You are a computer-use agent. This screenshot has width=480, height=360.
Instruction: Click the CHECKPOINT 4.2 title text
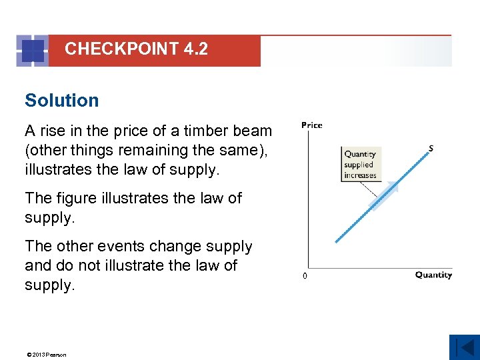136,49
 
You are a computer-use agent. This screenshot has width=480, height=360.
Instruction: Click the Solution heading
61,101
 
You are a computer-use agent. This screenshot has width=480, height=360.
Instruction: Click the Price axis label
311,125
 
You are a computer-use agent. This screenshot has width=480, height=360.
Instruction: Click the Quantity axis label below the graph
433,275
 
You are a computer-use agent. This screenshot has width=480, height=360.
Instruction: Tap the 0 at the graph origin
305,276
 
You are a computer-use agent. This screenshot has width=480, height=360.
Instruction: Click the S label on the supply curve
431,147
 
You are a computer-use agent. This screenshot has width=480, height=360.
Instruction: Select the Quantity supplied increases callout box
360,165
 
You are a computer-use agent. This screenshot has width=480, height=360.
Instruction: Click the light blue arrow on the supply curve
383,196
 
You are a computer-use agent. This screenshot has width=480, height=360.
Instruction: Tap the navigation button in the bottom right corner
464,347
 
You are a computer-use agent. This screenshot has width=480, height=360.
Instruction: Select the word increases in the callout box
360,175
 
